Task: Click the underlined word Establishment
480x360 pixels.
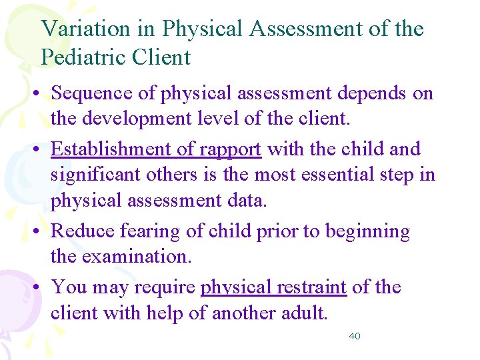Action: coord(123,149)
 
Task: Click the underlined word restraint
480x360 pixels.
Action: coord(312,287)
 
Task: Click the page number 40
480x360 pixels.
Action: coord(355,336)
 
